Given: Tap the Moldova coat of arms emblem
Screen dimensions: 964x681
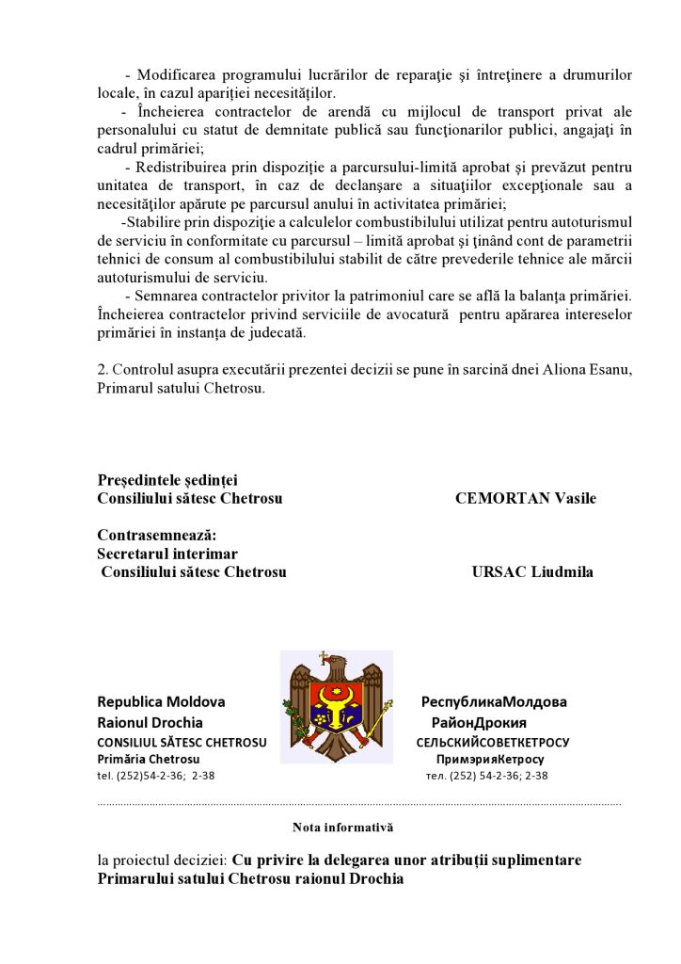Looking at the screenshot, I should click(x=337, y=706).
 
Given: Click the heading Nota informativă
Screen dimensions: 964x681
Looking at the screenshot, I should click(x=342, y=827).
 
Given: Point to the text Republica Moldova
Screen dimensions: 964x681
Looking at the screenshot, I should click(x=161, y=702).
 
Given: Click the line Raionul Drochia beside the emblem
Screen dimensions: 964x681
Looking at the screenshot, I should click(x=150, y=723).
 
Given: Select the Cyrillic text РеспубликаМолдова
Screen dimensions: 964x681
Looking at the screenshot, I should click(x=494, y=702).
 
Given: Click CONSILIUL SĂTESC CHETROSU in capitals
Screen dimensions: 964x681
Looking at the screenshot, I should click(x=182, y=742).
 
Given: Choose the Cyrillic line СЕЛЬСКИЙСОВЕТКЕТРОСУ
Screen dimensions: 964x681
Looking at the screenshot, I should click(x=493, y=742).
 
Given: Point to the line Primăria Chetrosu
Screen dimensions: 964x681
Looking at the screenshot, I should click(x=148, y=759).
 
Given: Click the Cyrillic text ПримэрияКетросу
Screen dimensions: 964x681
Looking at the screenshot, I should click(x=490, y=759).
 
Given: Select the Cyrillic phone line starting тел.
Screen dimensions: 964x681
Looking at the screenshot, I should click(x=486, y=776).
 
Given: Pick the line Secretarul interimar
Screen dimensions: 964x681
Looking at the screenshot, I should click(x=167, y=554).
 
